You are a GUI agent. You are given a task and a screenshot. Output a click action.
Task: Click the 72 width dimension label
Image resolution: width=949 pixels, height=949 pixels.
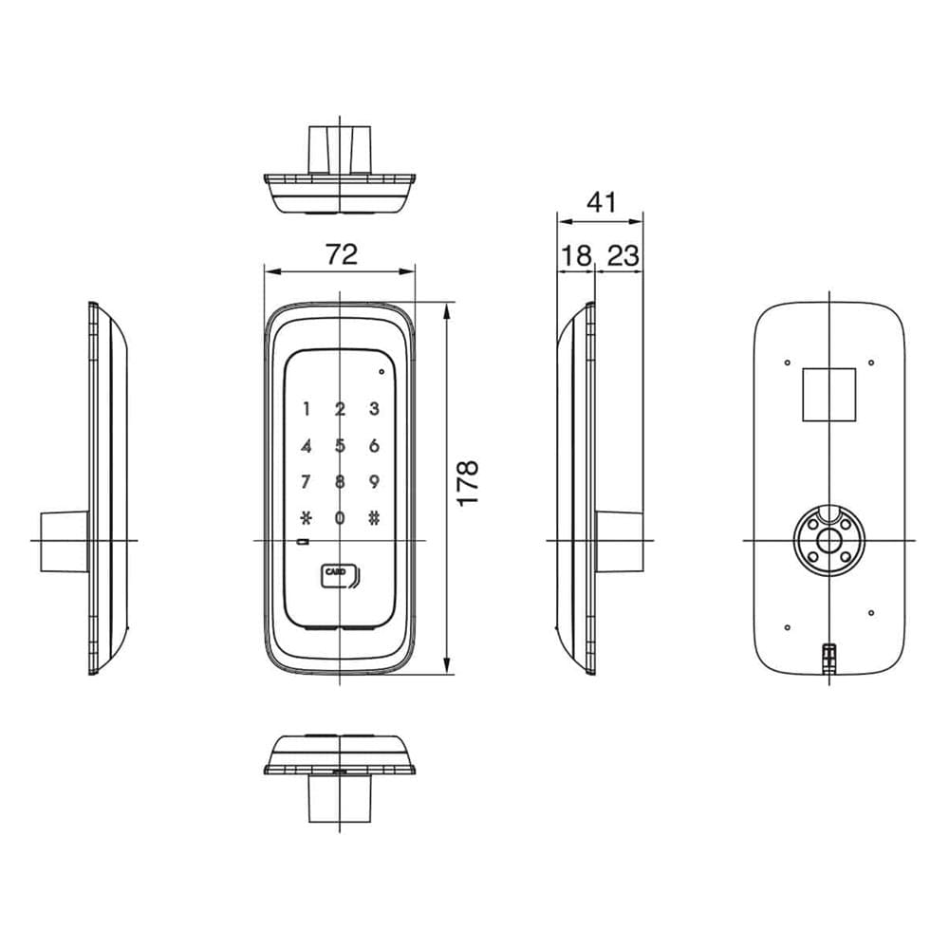[x=342, y=254]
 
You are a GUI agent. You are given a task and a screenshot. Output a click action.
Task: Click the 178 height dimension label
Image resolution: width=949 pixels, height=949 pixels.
[x=468, y=483]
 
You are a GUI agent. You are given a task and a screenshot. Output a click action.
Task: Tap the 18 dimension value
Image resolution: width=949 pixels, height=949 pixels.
[x=576, y=256]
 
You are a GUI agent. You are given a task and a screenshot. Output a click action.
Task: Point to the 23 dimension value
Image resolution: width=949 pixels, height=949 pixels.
[x=623, y=256]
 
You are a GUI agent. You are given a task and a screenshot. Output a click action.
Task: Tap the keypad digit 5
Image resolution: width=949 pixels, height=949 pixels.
[x=340, y=446]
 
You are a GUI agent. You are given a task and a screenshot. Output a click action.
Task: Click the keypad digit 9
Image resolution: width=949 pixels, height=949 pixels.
[x=374, y=482]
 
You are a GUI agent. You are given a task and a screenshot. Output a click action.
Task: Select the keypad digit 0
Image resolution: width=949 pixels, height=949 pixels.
[x=340, y=518]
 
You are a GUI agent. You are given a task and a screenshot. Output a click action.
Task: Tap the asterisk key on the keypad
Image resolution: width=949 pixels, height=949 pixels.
[x=307, y=518]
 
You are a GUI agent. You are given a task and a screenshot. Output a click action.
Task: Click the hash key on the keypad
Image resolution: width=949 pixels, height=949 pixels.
[x=374, y=518]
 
